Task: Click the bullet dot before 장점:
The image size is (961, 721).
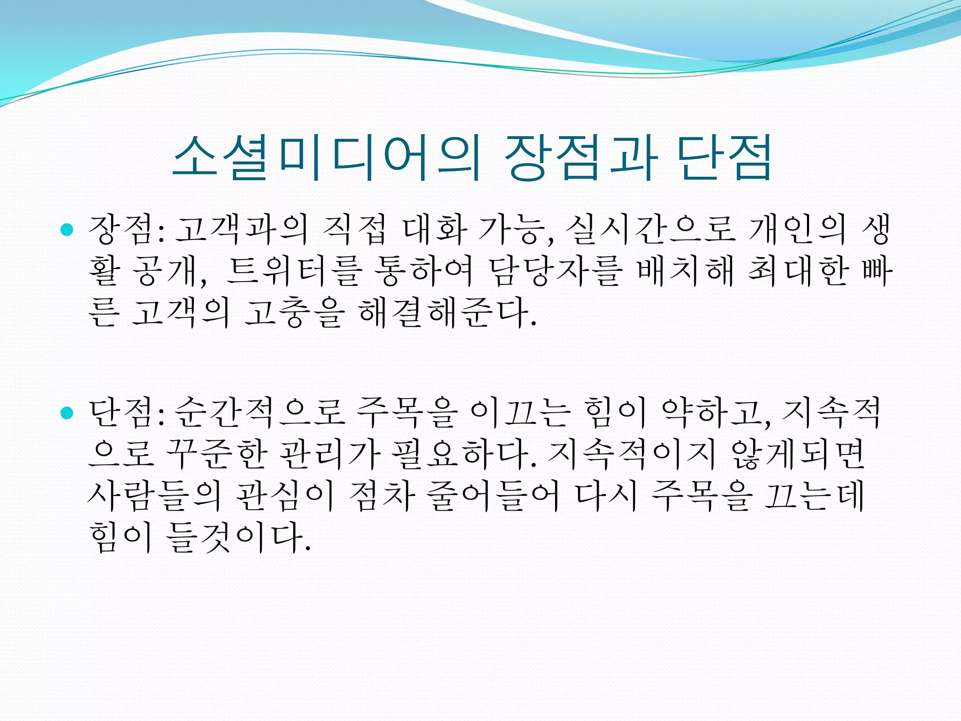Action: [x=68, y=230]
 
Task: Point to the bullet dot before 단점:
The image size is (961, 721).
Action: [x=68, y=413]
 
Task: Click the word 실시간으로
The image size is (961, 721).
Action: [x=650, y=230]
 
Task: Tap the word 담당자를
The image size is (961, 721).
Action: [x=556, y=271]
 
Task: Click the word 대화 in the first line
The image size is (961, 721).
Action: [x=435, y=230]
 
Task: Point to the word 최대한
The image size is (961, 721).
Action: [x=798, y=271]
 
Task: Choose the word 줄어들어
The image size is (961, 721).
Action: [x=493, y=495]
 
